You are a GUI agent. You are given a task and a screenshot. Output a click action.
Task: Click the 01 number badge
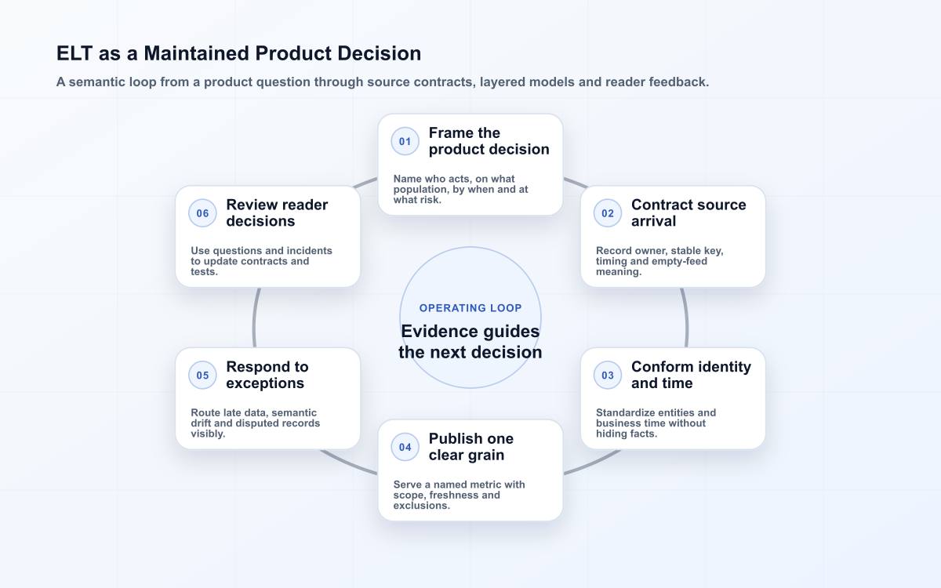click(x=405, y=141)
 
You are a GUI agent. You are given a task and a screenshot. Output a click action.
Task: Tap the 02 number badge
click(x=608, y=213)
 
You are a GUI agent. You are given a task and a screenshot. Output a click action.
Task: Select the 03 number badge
click(x=608, y=375)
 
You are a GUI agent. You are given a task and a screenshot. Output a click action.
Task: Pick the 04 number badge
click(x=405, y=447)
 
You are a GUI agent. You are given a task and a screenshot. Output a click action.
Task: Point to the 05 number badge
click(x=202, y=375)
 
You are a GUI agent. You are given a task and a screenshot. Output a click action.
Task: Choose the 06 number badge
click(x=202, y=213)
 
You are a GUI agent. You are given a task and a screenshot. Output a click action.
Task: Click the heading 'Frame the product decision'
click(x=489, y=141)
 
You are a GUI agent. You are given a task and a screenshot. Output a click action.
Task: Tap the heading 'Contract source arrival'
click(x=688, y=213)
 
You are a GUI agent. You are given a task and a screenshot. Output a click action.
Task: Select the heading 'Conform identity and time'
click(x=691, y=375)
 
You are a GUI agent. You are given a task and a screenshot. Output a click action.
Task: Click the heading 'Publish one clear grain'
click(x=471, y=447)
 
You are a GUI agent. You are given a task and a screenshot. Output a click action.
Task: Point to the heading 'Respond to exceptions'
click(x=267, y=375)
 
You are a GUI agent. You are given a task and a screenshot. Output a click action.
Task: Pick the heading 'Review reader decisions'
click(x=277, y=213)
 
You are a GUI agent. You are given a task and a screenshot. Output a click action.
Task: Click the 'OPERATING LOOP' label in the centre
click(x=470, y=308)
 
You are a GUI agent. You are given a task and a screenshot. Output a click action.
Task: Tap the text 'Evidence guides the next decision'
click(x=470, y=342)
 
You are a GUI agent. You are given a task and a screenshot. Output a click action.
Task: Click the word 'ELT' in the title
click(x=74, y=53)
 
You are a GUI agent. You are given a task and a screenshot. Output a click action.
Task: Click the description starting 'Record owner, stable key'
click(x=659, y=261)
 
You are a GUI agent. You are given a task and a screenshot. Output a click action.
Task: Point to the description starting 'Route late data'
click(x=256, y=423)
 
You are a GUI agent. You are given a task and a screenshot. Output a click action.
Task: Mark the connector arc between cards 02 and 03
click(x=686, y=318)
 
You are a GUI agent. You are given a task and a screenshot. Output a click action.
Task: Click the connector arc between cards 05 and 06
click(x=254, y=318)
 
